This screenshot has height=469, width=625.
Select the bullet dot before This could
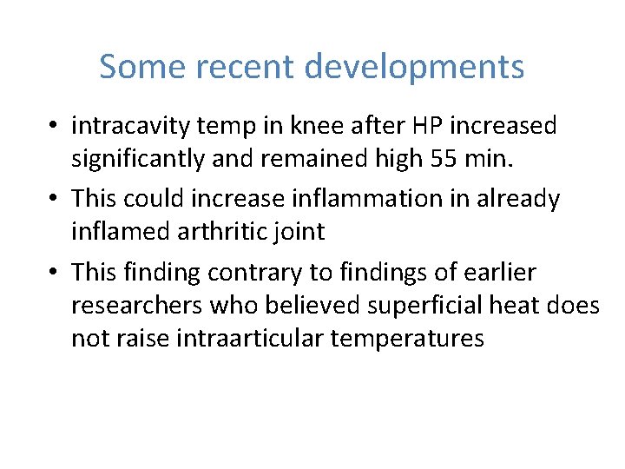click(x=54, y=200)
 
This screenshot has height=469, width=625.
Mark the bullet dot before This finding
click(x=54, y=274)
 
